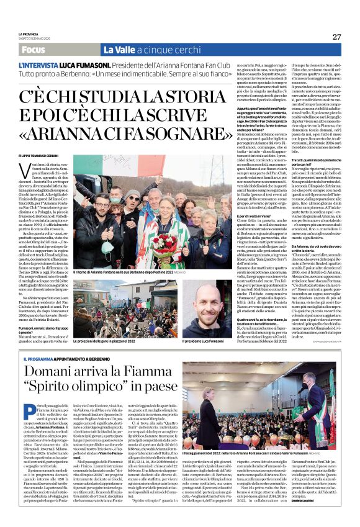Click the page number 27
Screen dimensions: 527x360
coord(336,37)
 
